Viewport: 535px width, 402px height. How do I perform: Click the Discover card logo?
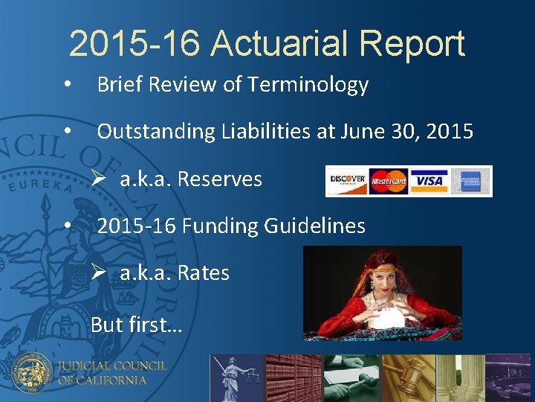point(346,181)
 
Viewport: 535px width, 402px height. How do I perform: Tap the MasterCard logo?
point(388,181)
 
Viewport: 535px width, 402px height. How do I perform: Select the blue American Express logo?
point(470,181)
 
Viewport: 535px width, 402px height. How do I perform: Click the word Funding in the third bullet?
point(215,226)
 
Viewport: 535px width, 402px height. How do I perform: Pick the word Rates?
point(203,273)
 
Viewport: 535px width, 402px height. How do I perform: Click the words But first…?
point(136,325)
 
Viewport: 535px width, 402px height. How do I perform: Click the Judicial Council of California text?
point(111,372)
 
